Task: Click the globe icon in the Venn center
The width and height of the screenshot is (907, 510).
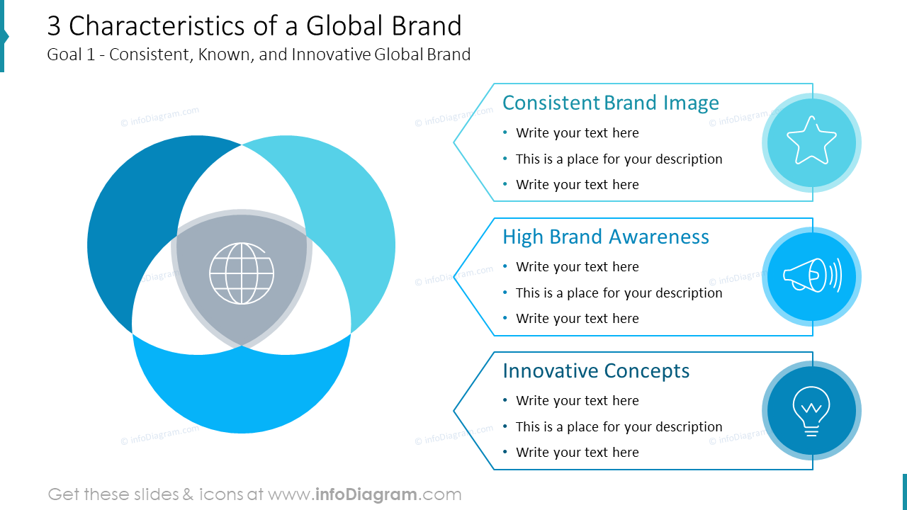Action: [242, 273]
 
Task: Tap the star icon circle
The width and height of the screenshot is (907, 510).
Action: [811, 143]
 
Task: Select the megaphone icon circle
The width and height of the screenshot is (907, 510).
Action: [811, 277]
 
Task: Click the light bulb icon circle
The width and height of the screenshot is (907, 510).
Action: [811, 411]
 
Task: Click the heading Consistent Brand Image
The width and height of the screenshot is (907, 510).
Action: [610, 103]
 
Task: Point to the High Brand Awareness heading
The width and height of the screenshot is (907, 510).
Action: [605, 237]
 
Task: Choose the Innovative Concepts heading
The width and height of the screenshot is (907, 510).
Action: [595, 370]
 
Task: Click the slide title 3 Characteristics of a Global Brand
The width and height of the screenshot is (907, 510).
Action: [254, 26]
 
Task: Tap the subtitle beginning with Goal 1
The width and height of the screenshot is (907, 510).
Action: [259, 55]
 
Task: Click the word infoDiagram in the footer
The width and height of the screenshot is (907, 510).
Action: [366, 494]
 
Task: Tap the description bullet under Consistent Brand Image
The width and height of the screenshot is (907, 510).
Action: [619, 159]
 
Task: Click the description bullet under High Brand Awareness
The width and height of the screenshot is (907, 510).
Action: [619, 293]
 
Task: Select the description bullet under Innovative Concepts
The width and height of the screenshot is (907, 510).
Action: [619, 426]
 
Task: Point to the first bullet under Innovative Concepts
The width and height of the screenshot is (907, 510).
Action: [577, 401]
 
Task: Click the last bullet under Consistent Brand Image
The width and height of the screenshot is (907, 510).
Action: [577, 185]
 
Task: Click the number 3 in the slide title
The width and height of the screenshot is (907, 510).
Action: [55, 26]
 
